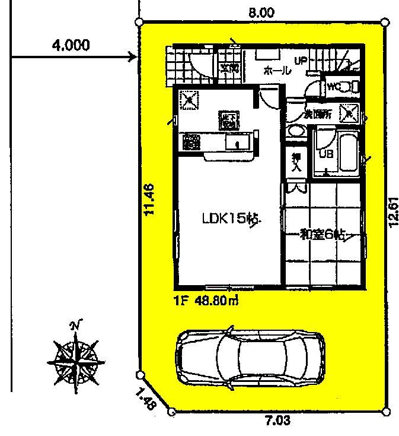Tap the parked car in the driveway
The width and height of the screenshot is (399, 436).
pyautogui.click(x=250, y=354)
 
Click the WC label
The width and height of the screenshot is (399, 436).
pyautogui.click(x=334, y=87)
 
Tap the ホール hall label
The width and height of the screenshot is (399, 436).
pyautogui.click(x=276, y=71)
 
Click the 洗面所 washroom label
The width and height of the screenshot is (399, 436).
pyautogui.click(x=318, y=113)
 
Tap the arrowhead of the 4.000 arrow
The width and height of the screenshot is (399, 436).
pyautogui.click(x=134, y=57)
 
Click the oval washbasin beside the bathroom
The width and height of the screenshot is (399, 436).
pyautogui.click(x=293, y=131)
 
